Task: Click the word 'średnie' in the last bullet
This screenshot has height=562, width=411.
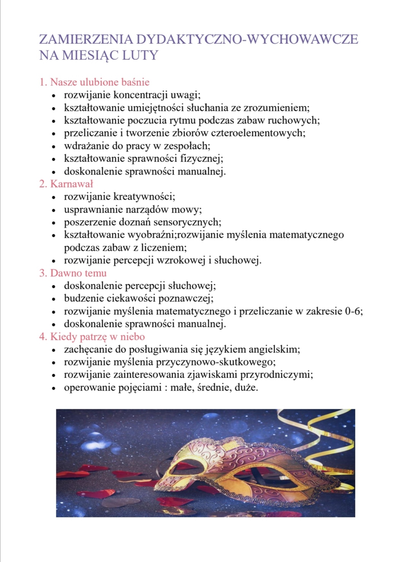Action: tap(210, 388)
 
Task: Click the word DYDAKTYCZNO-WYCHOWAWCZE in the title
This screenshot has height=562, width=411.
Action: tap(247, 39)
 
